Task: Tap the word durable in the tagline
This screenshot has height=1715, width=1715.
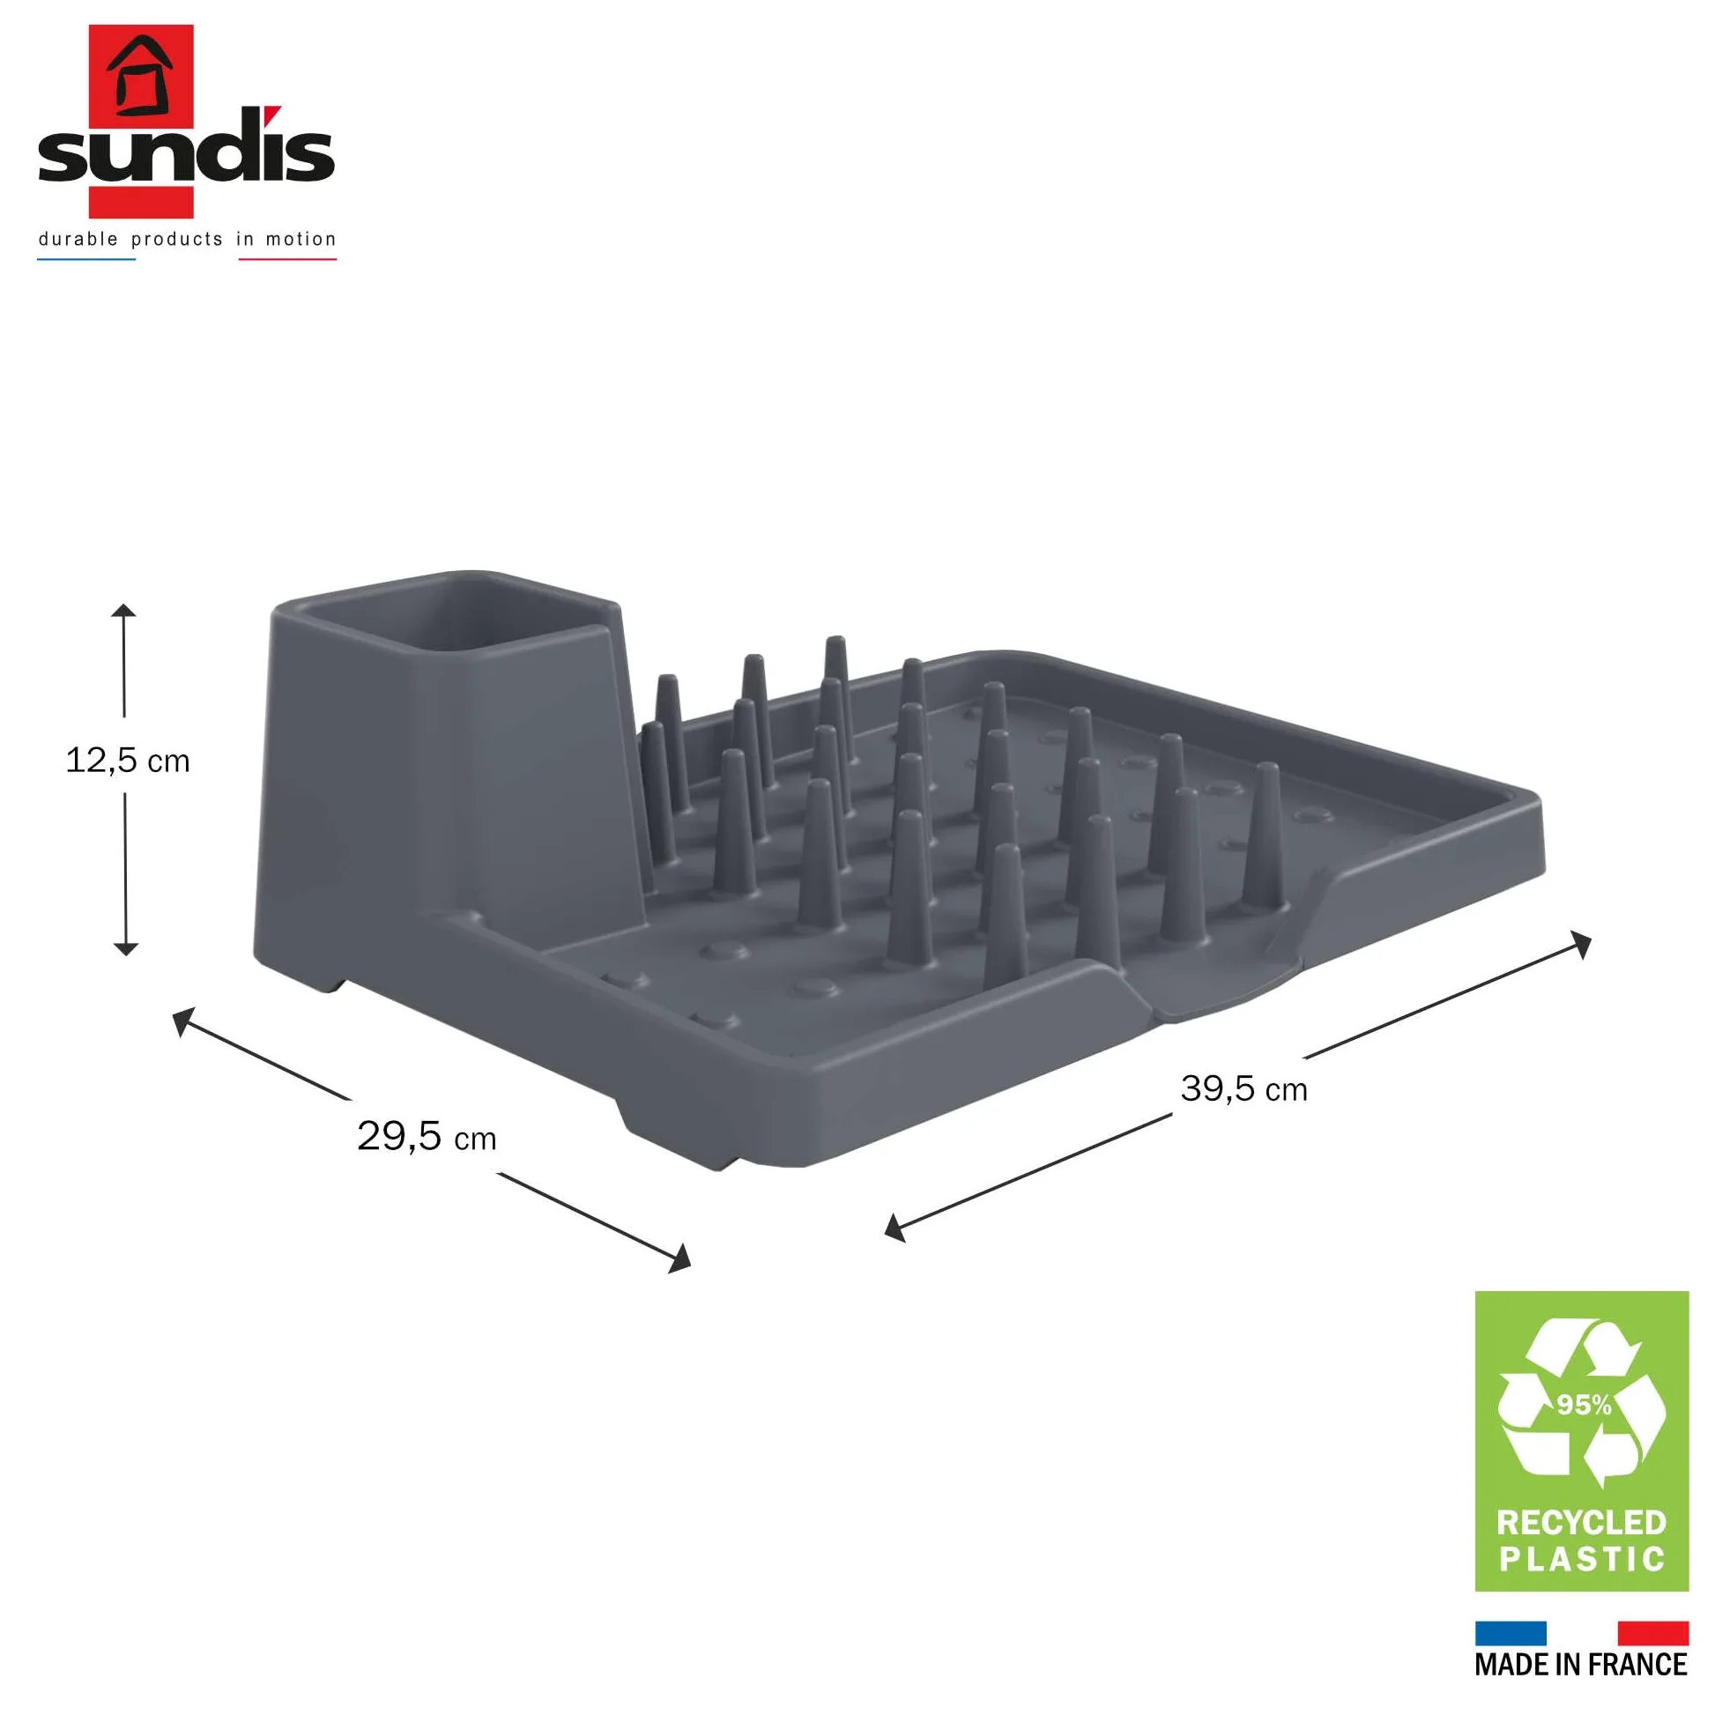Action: coord(78,239)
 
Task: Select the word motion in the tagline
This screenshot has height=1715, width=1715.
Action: coord(301,239)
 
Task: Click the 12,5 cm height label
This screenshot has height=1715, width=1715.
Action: coord(128,761)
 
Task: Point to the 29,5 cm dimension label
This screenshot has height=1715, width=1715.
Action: coord(426,1136)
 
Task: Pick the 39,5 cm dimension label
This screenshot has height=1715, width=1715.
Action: coord(1244,1089)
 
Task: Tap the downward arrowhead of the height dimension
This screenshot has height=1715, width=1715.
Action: coord(126,949)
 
